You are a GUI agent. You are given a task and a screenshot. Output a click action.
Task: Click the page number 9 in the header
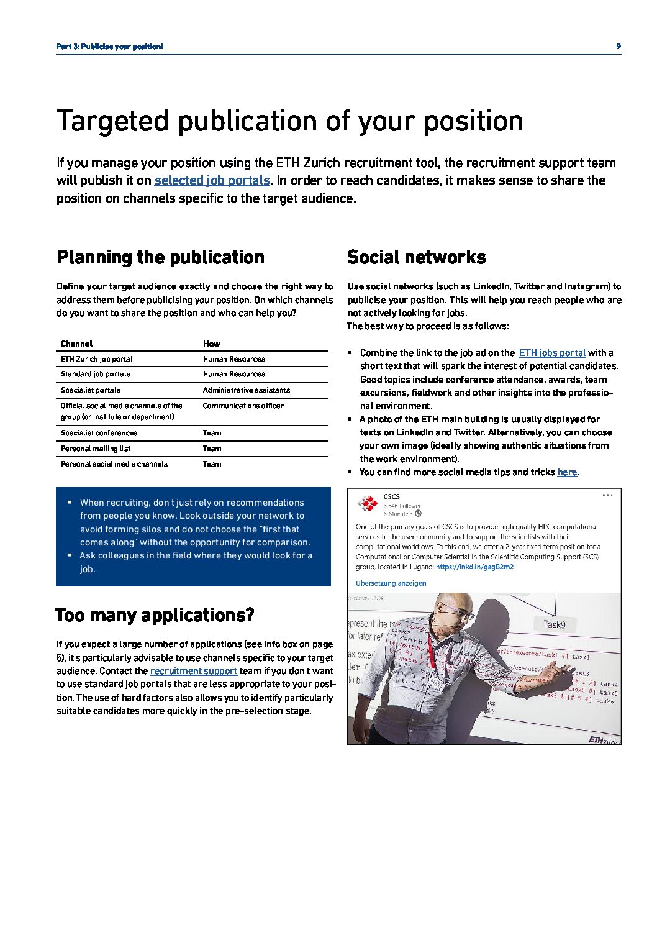[x=618, y=47]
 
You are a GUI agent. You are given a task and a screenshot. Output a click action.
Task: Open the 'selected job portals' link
[x=212, y=180]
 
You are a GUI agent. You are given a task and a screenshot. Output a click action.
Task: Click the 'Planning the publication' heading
[x=160, y=257]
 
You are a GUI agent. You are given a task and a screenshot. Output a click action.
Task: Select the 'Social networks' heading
[x=416, y=257]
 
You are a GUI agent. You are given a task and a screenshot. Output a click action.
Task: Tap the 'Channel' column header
[x=76, y=344]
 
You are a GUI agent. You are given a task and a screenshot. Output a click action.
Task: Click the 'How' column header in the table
[x=211, y=344]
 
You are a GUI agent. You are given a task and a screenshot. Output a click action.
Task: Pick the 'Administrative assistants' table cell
[x=246, y=390]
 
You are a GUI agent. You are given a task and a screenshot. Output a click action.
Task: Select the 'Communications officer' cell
[x=243, y=406]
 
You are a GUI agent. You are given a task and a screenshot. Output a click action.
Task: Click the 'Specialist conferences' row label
[x=99, y=433]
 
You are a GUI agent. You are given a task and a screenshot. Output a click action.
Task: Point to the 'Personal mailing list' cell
[x=96, y=449]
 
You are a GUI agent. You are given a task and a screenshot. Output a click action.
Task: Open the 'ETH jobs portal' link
[x=552, y=353]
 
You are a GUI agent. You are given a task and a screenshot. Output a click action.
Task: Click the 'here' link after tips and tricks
[x=567, y=472]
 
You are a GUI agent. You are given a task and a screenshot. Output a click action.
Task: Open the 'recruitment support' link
[x=194, y=671]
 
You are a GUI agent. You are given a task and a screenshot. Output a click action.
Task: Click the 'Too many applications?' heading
[x=155, y=615]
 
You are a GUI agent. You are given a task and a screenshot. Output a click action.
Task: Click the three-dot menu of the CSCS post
[x=607, y=495]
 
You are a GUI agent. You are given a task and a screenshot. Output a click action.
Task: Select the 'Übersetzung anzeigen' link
[x=391, y=583]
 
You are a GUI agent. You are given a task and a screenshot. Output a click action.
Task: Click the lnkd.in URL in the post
[x=474, y=567]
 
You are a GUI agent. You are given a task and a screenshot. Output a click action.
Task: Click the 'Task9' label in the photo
[x=554, y=625]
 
